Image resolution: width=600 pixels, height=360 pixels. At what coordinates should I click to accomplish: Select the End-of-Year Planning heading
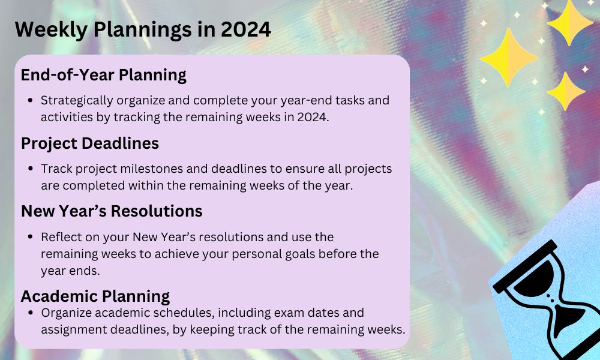103,75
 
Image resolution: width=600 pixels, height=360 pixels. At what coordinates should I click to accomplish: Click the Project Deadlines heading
90,143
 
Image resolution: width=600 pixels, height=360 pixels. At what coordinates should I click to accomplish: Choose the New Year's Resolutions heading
112,211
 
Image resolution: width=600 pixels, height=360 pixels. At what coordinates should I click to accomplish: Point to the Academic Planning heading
95,296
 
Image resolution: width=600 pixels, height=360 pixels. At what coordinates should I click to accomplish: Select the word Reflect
59,237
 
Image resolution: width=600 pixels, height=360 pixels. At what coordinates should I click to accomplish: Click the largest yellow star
509,58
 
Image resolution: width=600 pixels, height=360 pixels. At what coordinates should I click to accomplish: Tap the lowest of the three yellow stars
565,91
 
